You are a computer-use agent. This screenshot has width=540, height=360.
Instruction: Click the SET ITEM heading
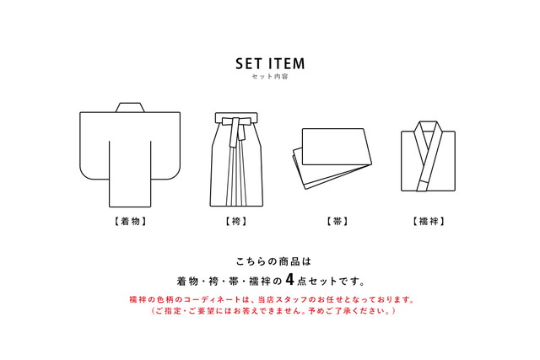pos(270,63)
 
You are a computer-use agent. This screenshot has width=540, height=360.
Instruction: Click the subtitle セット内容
pos(270,77)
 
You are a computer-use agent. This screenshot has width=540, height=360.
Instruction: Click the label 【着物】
pos(129,221)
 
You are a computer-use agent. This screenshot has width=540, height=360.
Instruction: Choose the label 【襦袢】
pos(429,222)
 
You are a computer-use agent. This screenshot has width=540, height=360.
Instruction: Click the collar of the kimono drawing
pos(129,107)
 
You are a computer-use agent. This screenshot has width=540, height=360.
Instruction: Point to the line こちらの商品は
pos(270,261)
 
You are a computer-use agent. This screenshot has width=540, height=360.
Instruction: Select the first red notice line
pos(270,299)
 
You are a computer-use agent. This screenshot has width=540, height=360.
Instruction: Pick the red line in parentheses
pos(270,312)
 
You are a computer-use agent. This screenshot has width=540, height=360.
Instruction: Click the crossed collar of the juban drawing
pos(429,139)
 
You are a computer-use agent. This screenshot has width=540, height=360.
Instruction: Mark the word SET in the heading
pos(248,63)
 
